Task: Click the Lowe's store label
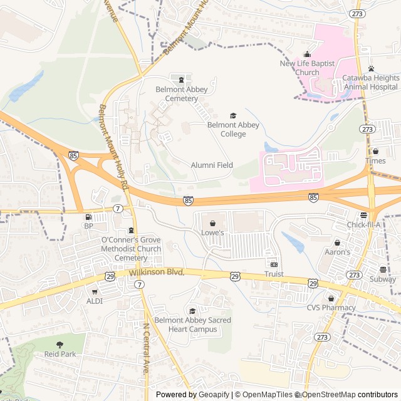[212, 232]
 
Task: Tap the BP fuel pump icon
[88, 217]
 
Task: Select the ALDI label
[94, 301]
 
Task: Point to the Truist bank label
[274, 274]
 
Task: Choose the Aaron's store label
[337, 251]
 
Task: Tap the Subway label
[382, 279]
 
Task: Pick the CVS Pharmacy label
[331, 308]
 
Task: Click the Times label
[375, 161]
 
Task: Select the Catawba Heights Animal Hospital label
[370, 82]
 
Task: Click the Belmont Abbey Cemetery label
[181, 94]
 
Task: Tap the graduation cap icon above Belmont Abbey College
[233, 116]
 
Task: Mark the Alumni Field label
[212, 165]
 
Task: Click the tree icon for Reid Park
[60, 345]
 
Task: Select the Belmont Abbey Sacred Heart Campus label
[192, 325]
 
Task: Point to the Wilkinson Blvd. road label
[157, 273]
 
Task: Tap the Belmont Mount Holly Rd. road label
[113, 148]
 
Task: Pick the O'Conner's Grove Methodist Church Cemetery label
[131, 249]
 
